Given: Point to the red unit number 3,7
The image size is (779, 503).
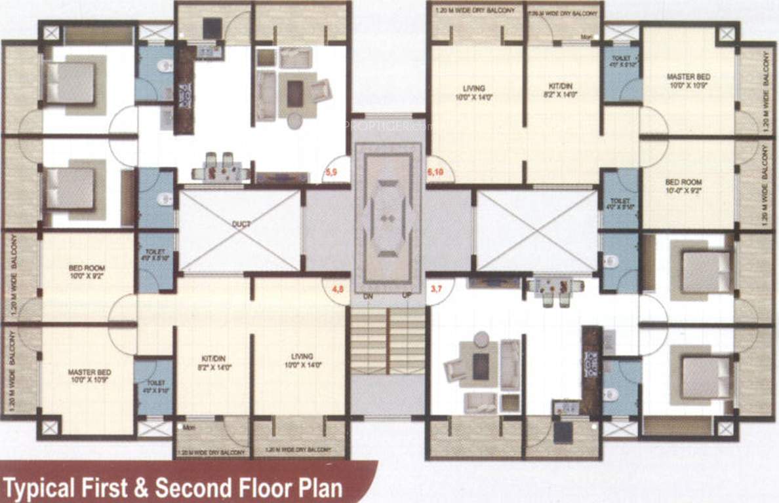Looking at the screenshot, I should click(x=435, y=286).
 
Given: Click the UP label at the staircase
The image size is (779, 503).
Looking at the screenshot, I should click(x=407, y=296).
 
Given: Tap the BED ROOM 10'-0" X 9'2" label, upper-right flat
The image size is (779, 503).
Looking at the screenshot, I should click(x=684, y=187).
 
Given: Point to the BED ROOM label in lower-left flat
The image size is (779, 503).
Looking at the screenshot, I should click(x=87, y=272).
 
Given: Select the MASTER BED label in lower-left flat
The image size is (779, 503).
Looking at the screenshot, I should click(x=89, y=377).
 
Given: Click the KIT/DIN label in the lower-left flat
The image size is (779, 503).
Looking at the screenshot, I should click(x=213, y=362).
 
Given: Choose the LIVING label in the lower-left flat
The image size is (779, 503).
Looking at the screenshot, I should click(x=302, y=361).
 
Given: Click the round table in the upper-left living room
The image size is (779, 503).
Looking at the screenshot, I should click(x=295, y=121).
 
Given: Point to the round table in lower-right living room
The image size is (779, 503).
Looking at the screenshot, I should click(x=482, y=339).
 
